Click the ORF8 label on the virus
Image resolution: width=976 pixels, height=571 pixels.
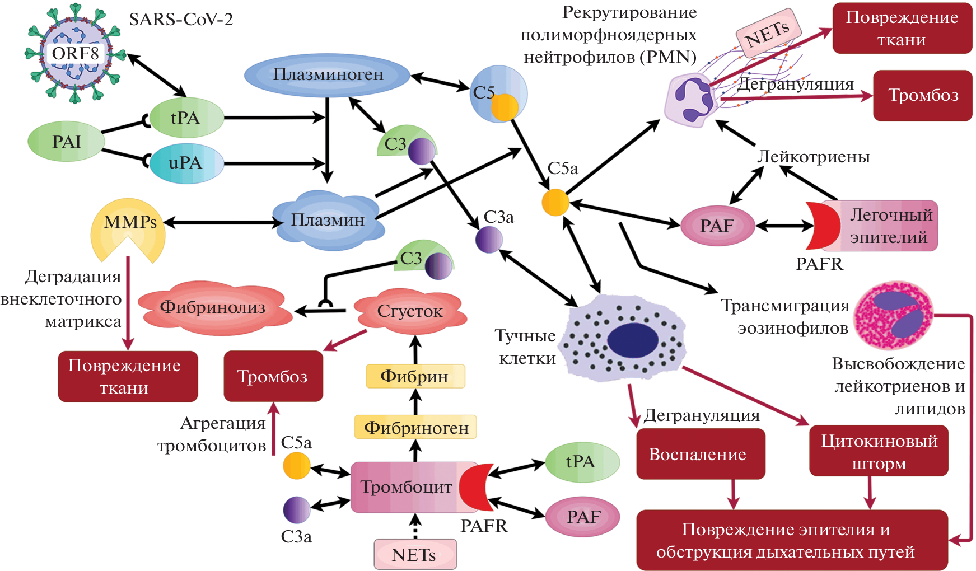[76, 54]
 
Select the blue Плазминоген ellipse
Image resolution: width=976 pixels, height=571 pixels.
[328, 75]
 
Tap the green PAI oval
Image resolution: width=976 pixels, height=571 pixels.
[66, 142]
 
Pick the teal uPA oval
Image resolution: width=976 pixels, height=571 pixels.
[186, 163]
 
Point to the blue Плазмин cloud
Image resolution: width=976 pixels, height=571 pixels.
[328, 220]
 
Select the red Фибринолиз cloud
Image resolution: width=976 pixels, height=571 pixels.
[213, 307]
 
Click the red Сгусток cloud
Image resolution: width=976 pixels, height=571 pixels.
[410, 311]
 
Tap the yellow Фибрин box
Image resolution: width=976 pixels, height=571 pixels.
[415, 376]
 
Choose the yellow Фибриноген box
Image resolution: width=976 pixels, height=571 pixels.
[415, 428]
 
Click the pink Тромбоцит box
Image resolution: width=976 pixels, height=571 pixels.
[405, 487]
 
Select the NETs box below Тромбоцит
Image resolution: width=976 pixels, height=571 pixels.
[415, 554]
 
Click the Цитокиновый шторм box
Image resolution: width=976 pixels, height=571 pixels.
[879, 451]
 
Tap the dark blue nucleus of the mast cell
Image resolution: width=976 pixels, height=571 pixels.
[633, 340]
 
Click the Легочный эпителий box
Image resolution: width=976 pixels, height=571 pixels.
[887, 226]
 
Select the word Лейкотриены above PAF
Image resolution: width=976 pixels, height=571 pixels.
[813, 157]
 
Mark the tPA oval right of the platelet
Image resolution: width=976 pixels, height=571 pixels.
[582, 462]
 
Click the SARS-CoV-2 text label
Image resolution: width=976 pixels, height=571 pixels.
[181, 20]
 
